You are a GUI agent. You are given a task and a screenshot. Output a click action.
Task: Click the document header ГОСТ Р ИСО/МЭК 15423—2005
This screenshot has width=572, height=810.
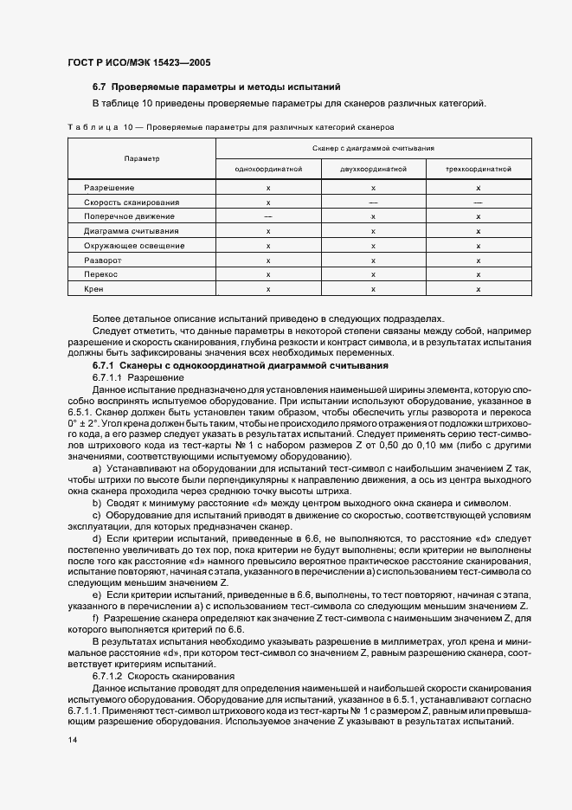coord(138,63)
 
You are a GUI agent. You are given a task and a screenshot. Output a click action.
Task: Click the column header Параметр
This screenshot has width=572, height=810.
coord(141,159)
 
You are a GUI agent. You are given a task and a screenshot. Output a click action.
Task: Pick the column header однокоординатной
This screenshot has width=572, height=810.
coord(268,170)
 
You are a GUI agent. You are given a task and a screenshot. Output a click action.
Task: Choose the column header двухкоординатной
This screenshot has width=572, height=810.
coord(373,170)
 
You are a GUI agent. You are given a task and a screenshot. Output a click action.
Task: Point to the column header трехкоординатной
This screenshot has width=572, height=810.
coord(479,170)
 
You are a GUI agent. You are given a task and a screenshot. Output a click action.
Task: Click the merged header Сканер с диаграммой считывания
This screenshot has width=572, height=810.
coord(373,149)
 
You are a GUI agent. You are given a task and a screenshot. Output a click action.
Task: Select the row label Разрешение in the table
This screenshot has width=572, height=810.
coord(109,188)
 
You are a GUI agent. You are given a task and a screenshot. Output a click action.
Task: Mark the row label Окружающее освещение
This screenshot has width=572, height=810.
coord(133,246)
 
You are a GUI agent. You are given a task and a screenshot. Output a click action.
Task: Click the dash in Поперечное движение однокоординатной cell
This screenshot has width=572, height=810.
coord(268,216)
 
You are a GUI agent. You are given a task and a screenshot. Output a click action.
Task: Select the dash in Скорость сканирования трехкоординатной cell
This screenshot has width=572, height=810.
coord(479,202)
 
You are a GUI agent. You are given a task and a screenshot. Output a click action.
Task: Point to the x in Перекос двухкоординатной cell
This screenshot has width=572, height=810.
coord(373,274)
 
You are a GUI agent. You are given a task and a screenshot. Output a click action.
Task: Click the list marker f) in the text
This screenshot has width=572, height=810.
coord(96,618)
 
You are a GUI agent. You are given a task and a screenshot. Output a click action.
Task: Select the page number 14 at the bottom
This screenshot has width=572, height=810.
coord(72,740)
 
